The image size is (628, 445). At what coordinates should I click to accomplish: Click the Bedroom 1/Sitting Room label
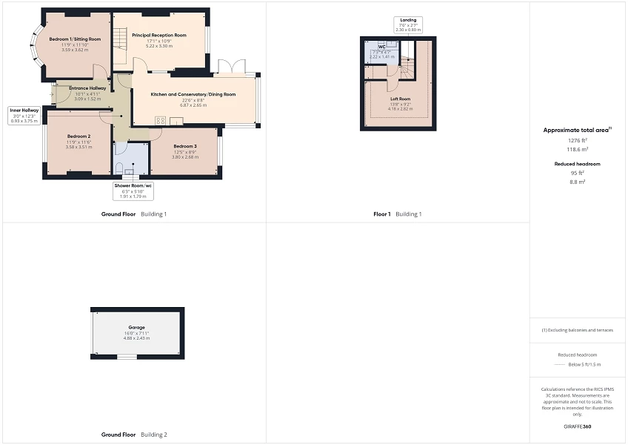70,38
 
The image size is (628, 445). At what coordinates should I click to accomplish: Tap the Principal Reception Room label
158,35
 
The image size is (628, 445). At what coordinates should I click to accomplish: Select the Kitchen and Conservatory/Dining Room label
193,94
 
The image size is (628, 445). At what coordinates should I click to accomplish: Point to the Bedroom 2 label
78,136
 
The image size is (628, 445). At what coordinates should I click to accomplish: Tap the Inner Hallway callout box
24,115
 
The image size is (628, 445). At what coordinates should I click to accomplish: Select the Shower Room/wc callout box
133,191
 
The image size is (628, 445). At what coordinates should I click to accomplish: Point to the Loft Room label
400,98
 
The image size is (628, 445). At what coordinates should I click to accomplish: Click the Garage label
137,327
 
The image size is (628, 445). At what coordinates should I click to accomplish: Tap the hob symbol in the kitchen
159,122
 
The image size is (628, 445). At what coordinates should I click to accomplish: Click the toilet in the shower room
129,171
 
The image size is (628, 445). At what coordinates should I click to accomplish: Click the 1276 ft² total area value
577,140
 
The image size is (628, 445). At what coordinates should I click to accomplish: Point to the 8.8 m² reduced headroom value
577,181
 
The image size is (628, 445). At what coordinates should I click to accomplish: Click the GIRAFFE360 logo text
577,426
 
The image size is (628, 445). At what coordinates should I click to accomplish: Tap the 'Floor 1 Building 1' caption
397,214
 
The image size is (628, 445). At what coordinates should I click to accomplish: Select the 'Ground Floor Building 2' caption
134,435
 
